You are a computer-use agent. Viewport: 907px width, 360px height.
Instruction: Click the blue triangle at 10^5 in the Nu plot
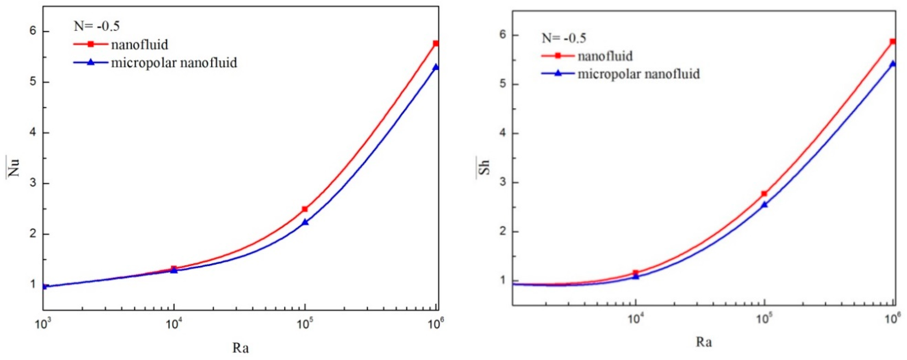click(x=305, y=222)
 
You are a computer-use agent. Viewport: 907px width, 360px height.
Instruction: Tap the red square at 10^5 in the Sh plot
click(x=764, y=194)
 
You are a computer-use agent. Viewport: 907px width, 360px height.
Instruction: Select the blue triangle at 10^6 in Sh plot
click(x=893, y=64)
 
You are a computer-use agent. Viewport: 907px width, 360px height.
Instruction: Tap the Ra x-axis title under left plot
click(x=241, y=348)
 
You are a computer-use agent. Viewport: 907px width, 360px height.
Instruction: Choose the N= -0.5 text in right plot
click(x=564, y=38)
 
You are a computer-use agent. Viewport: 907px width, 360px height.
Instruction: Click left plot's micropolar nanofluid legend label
click(x=174, y=63)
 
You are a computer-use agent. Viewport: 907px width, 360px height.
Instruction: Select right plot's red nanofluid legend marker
click(x=558, y=56)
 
